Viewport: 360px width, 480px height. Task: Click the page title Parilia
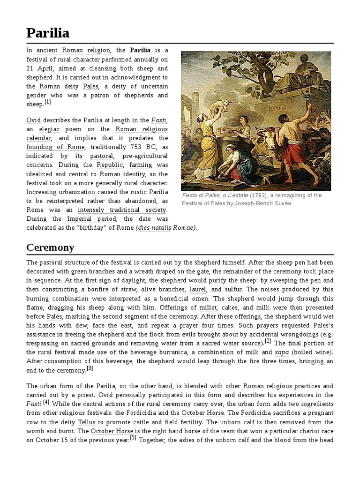(x=48, y=32)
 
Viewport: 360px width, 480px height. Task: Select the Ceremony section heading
(x=50, y=247)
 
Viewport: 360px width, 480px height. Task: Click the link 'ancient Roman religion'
(x=73, y=50)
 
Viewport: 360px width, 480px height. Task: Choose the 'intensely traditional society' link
(x=122, y=210)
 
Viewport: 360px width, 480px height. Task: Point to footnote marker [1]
(x=48, y=102)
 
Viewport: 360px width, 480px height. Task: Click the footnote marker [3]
(x=90, y=368)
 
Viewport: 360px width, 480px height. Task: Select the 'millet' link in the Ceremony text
(x=208, y=307)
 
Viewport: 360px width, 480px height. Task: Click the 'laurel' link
(x=197, y=290)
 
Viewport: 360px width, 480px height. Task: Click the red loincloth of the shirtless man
(x=290, y=154)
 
